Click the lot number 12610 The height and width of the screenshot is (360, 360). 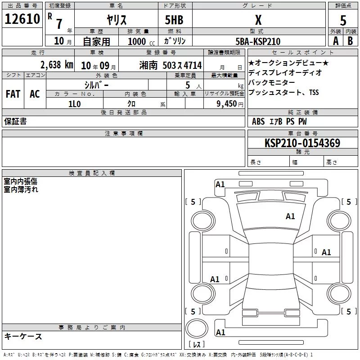coord(22,19)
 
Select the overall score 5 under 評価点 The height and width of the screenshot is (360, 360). coord(343,20)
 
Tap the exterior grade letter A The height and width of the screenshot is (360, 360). coord(336,41)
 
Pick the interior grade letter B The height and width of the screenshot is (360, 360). coord(350,41)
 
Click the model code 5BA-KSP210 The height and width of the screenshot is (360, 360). coord(258,41)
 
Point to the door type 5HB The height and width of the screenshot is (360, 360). coord(174,20)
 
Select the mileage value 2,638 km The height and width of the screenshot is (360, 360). coord(57,65)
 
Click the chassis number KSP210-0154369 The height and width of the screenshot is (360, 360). coord(302,143)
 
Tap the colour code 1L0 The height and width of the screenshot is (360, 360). coord(75,104)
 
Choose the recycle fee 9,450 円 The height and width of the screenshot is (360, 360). coord(230,104)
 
